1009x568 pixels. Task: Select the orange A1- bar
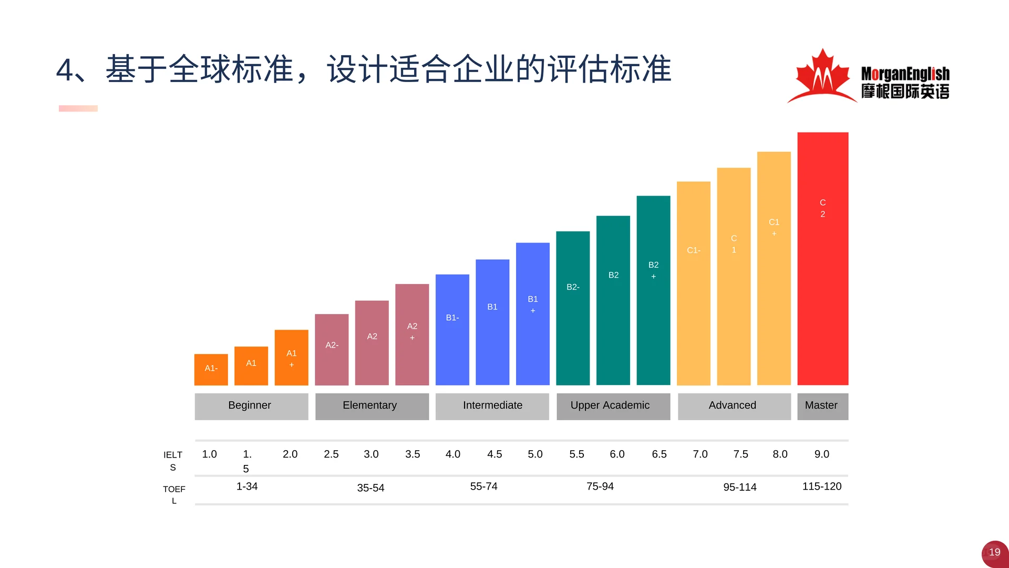[211, 369]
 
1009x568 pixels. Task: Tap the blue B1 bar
[492, 322]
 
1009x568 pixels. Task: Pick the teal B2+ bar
[653, 290]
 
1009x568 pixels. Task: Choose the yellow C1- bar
[693, 283]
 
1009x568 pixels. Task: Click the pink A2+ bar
[412, 334]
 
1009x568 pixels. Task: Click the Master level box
[822, 406]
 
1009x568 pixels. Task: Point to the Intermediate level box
[492, 406]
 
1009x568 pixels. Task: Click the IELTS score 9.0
[821, 454]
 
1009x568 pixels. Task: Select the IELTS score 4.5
[494, 454]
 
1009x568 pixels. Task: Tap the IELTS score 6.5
[659, 454]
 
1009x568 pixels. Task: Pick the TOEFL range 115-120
[821, 486]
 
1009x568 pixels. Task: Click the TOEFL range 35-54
[370, 488]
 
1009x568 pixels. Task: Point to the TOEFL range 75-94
[600, 486]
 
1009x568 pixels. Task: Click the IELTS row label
[173, 461]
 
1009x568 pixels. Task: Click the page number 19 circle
[994, 553]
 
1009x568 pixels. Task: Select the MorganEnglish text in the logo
[905, 74]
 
